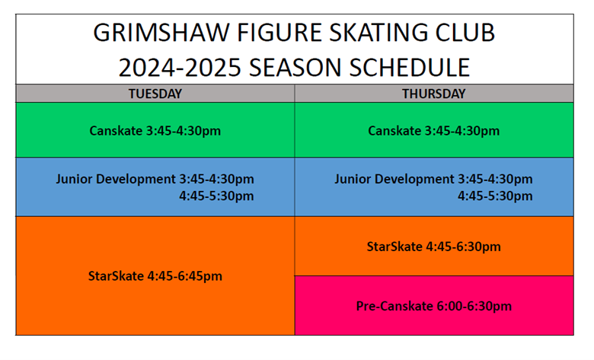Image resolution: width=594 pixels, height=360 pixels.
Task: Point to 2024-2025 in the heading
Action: coord(180,68)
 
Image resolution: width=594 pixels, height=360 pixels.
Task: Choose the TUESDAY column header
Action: coord(155,94)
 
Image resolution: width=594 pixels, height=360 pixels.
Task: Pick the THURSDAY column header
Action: coord(434,94)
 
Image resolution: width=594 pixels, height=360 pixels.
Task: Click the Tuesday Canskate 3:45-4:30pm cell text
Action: coord(155,131)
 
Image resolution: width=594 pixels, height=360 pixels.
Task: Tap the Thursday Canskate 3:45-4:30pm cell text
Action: coord(434,131)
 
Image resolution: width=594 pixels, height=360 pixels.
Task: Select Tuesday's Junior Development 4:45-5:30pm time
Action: coord(216,196)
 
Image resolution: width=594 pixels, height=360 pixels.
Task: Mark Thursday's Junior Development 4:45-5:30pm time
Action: coord(495,196)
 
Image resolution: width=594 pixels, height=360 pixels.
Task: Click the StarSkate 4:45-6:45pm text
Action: coord(155,276)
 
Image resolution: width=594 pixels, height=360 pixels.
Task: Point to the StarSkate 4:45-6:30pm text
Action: coord(434,247)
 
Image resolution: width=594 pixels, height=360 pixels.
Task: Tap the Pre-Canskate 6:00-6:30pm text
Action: coord(434,306)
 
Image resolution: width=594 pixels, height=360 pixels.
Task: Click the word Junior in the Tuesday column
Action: coord(75,179)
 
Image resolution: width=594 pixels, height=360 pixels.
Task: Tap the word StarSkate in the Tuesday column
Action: coord(116,276)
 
